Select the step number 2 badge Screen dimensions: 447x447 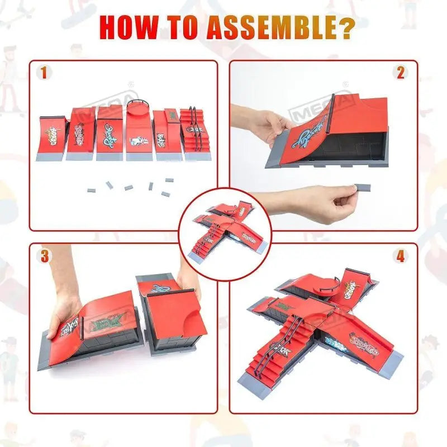point(401,73)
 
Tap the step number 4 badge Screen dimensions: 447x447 point(401,256)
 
